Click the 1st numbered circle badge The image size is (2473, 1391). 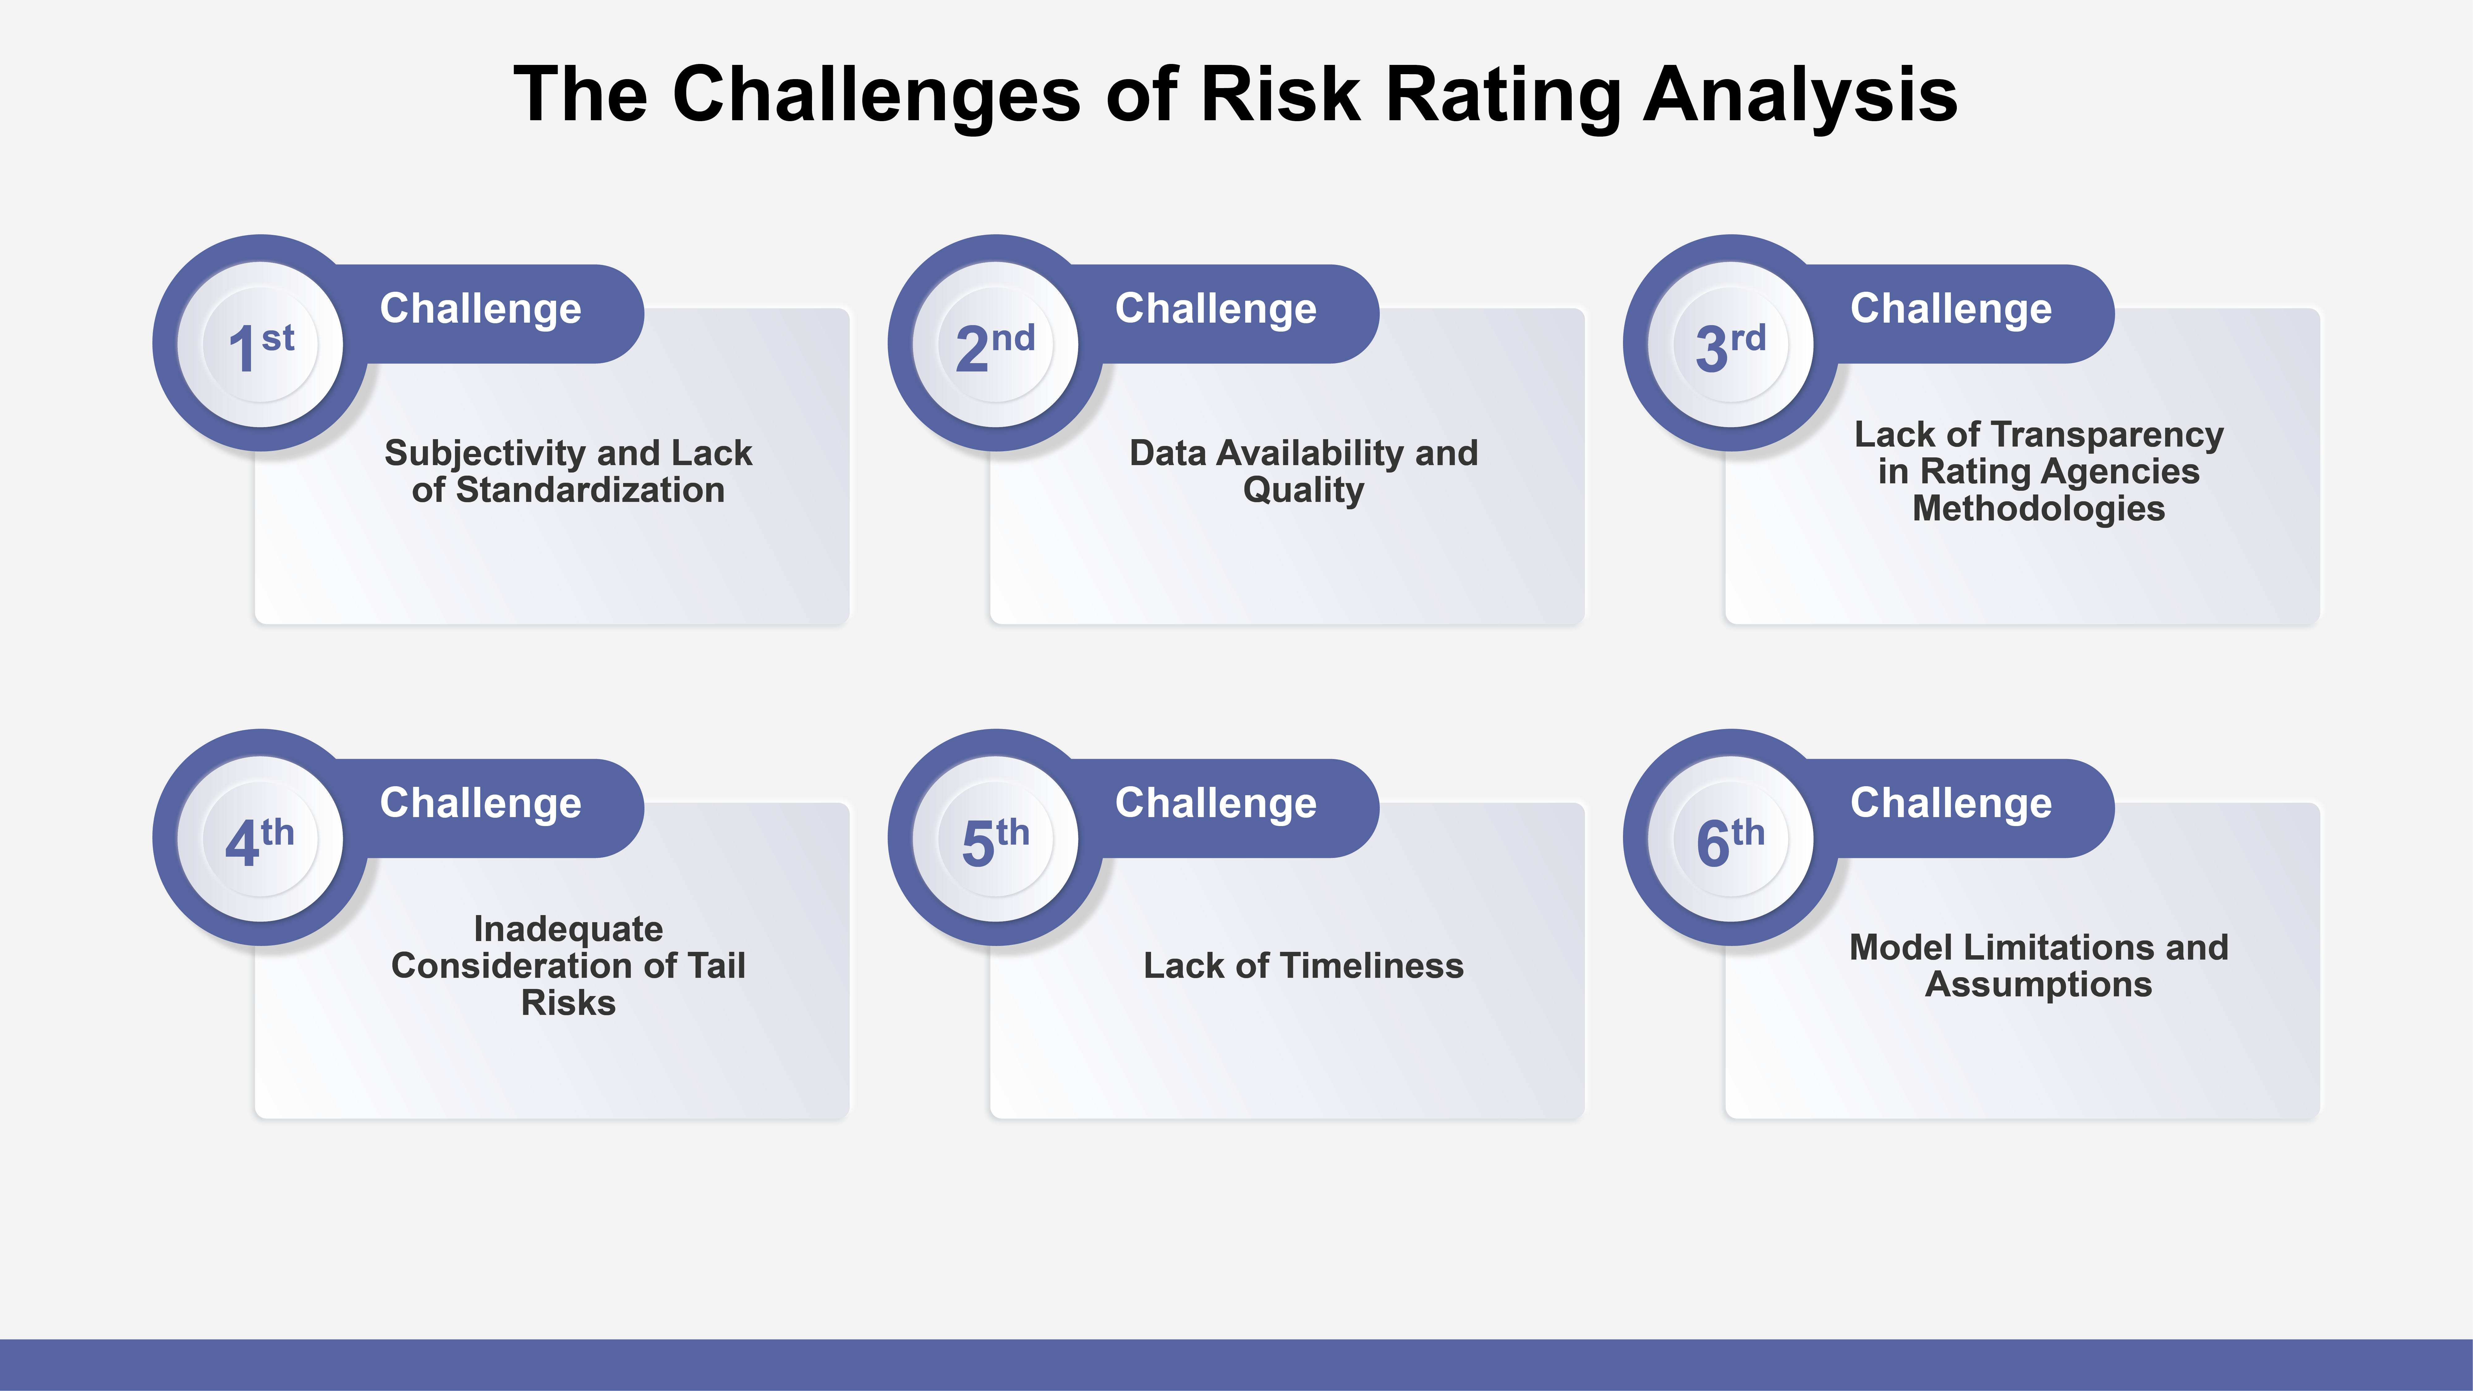point(260,344)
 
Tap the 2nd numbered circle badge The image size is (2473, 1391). point(996,344)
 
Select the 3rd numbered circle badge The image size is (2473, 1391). point(1731,344)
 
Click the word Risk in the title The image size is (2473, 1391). point(1281,94)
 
